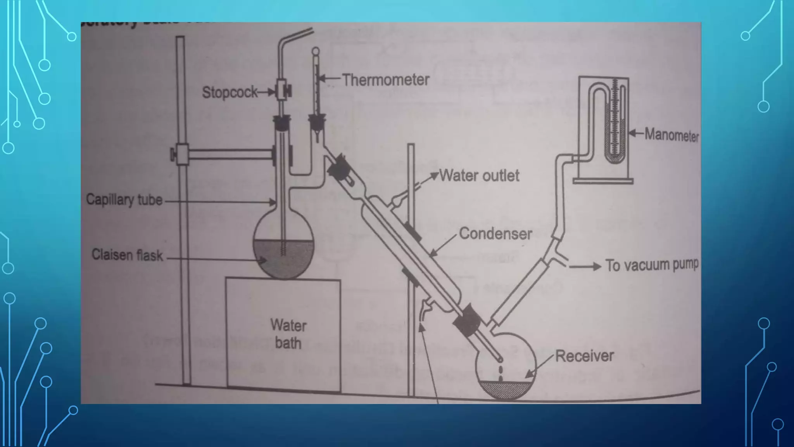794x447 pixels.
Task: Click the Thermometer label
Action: [x=385, y=80]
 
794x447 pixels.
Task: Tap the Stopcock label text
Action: [x=230, y=92]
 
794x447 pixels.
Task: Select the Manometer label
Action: [x=671, y=135]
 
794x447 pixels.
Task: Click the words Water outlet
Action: [x=479, y=176]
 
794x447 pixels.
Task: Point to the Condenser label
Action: [x=495, y=234]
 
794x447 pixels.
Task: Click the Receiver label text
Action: [x=584, y=356]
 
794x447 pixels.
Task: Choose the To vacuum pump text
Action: [x=652, y=265]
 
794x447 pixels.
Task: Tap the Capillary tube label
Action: [x=124, y=199]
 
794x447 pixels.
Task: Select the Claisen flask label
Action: [x=127, y=255]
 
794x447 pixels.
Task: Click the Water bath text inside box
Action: [x=288, y=334]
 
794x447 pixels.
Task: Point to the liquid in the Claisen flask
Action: [x=283, y=258]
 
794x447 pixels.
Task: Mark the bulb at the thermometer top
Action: [x=316, y=51]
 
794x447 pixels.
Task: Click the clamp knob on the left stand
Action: [x=173, y=154]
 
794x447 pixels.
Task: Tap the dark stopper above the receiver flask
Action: [x=467, y=320]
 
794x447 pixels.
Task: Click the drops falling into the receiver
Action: [x=501, y=372]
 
